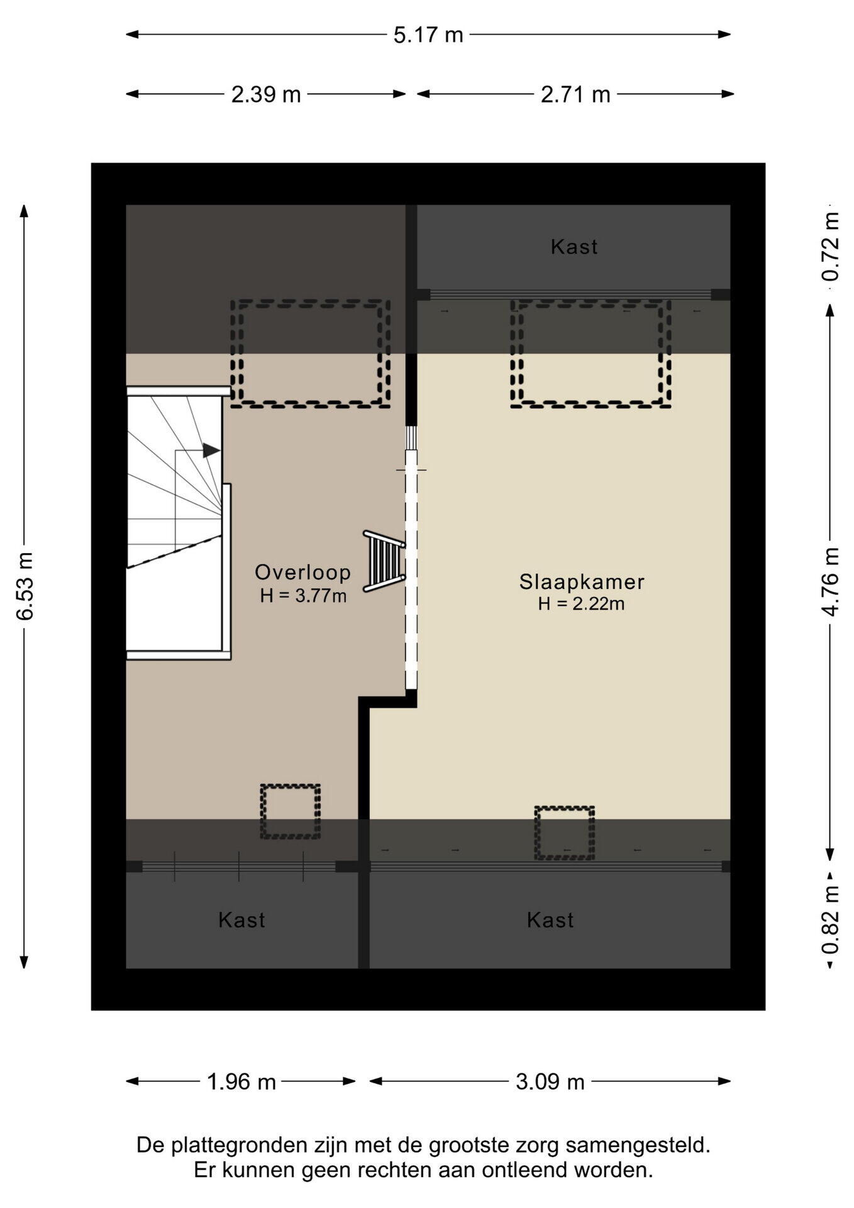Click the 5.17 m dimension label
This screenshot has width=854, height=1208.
428,35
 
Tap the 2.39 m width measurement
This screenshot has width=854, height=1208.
266,94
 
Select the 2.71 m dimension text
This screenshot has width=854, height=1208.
575,94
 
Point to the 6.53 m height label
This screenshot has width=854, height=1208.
25,586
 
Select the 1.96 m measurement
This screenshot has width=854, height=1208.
241,1082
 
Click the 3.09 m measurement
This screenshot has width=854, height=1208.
550,1082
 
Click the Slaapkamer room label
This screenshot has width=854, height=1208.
582,581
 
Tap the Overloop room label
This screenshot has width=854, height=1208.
302,572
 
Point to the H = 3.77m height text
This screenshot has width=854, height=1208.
303,595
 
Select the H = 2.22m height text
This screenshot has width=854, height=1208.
581,604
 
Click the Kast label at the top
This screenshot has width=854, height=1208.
574,247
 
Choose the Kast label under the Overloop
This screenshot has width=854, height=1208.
241,920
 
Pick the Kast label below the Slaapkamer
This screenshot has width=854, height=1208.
550,920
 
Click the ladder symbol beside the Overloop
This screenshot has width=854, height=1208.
384,561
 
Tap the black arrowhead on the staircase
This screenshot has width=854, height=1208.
211,450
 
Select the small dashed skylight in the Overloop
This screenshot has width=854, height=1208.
291,811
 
